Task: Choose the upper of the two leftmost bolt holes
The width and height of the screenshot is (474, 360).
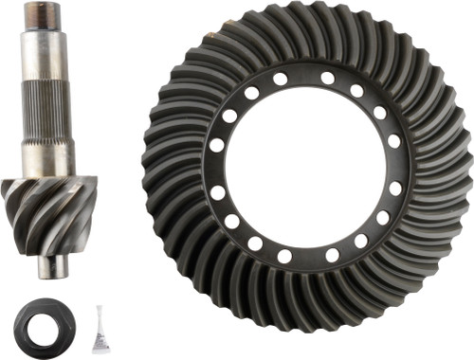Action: click(217, 145)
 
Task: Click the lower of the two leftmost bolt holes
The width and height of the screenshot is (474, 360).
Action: click(218, 191)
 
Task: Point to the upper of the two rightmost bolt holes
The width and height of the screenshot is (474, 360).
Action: click(393, 143)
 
